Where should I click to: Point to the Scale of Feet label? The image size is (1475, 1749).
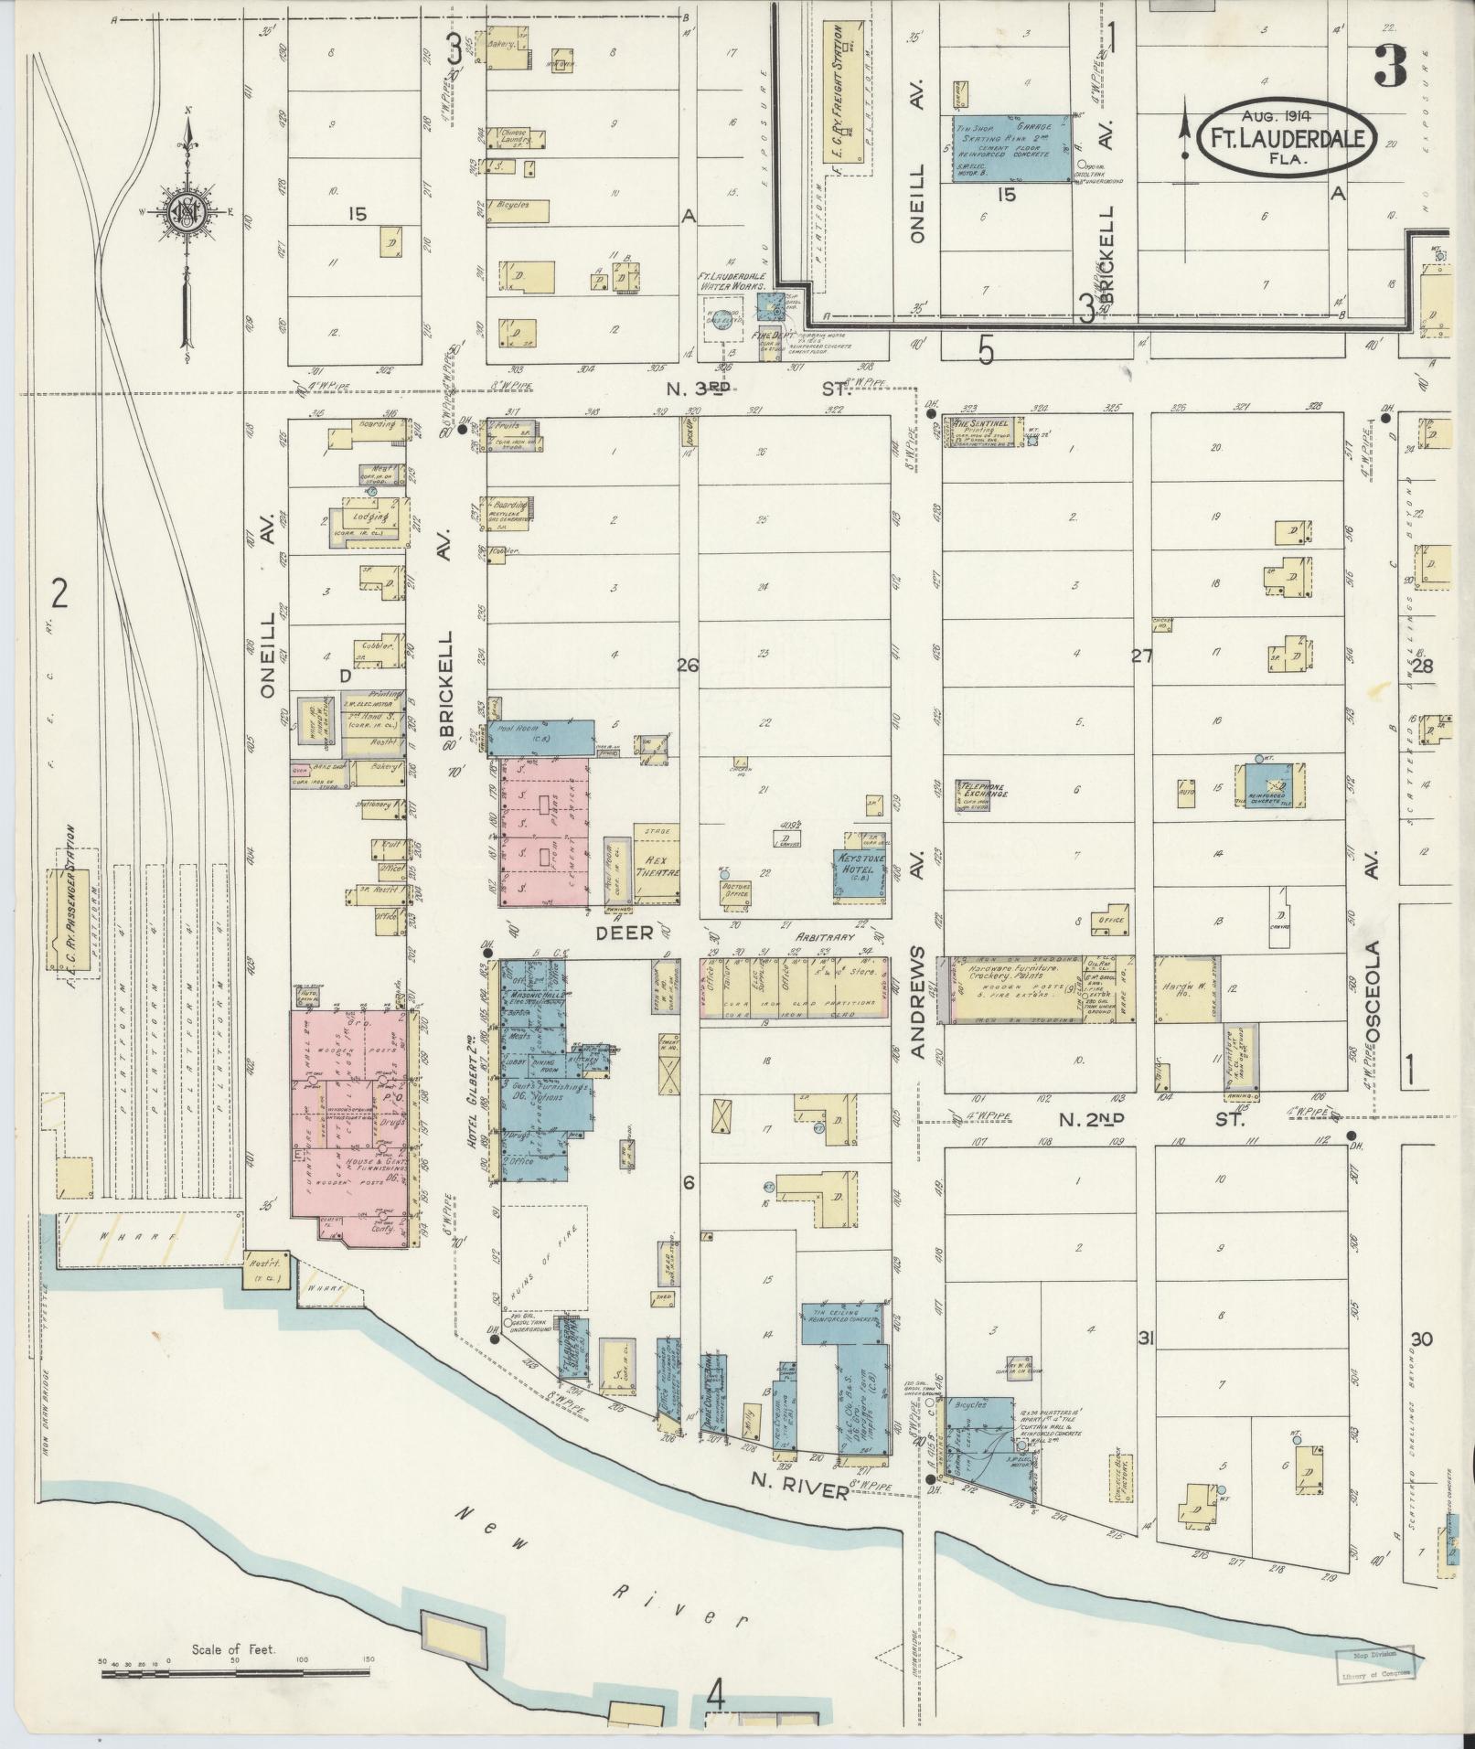(235, 1650)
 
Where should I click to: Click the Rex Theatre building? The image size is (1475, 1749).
(657, 864)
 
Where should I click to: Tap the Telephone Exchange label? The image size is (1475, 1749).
(982, 790)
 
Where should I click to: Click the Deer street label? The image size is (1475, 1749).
(625, 932)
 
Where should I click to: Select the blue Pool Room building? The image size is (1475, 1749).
(541, 737)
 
